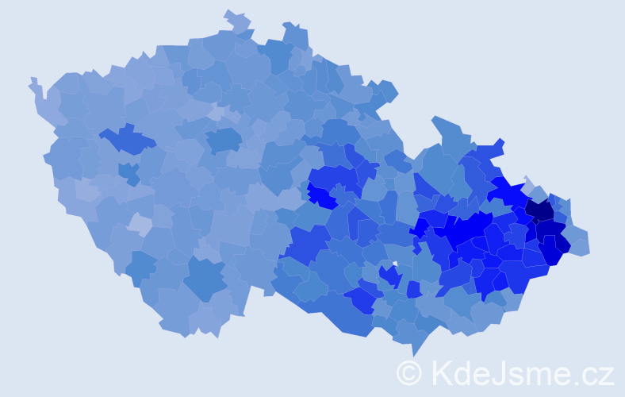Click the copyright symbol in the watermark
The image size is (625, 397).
click(409, 372)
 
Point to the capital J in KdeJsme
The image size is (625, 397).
click(503, 372)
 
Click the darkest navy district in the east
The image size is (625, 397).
click(540, 210)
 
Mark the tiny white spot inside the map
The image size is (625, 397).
click(394, 264)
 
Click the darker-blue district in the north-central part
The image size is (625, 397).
click(224, 141)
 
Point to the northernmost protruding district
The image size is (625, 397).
click(236, 20)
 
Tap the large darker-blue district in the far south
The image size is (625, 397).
click(205, 278)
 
